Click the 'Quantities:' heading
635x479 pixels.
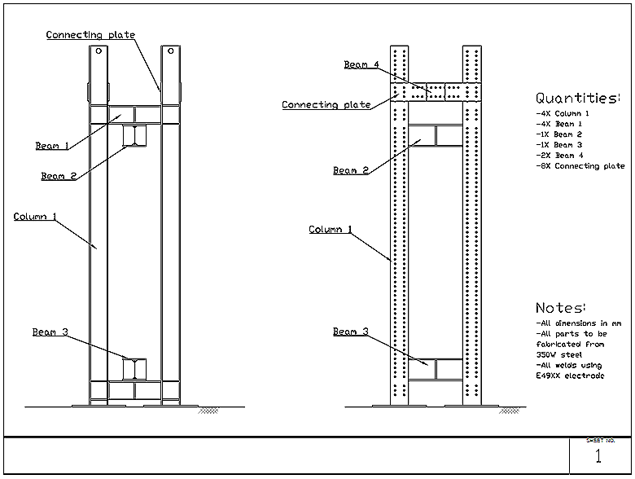(x=577, y=99)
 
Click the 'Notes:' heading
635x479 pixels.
(x=560, y=309)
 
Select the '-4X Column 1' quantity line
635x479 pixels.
(x=563, y=113)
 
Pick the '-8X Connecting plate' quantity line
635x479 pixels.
(x=580, y=166)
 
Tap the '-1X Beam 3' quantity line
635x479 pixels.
(x=559, y=145)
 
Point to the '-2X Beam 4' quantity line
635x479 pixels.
(x=559, y=156)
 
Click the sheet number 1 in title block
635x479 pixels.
(x=599, y=457)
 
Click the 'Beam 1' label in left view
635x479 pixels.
(x=52, y=147)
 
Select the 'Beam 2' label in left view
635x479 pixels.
(x=58, y=176)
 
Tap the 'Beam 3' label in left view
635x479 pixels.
(x=50, y=332)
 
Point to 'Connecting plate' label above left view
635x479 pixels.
(x=90, y=35)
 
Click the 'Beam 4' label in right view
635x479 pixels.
(x=361, y=65)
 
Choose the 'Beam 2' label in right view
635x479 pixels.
(x=350, y=171)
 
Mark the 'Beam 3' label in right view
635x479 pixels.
(x=350, y=332)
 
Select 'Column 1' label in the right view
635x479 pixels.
(x=331, y=230)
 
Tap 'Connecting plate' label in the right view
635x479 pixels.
(x=326, y=105)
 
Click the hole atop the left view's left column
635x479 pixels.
(x=98, y=51)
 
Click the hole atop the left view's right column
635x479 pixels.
(x=170, y=51)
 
